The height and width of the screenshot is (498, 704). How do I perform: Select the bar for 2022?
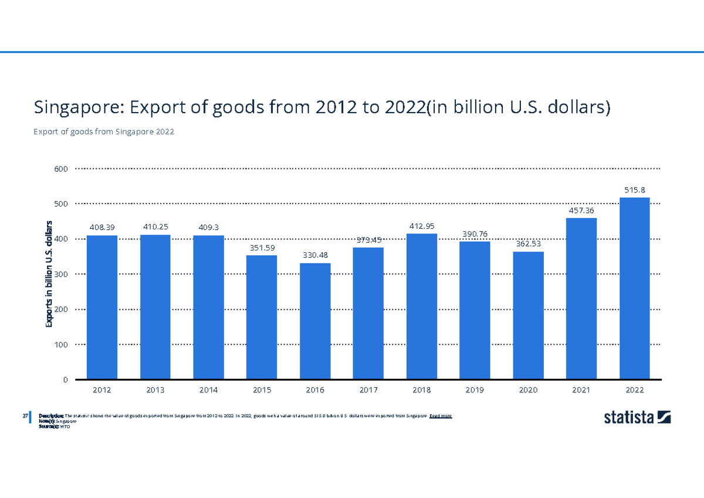click(634, 288)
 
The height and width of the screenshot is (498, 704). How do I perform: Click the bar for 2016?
click(315, 321)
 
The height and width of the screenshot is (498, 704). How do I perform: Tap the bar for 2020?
click(528, 315)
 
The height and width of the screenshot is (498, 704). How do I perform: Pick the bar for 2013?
click(155, 307)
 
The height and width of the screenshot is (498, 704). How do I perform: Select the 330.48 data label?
click(315, 255)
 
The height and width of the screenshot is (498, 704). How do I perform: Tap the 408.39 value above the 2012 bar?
click(102, 227)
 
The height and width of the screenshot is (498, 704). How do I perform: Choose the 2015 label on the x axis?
click(262, 389)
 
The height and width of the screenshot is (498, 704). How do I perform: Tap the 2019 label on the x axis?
click(475, 389)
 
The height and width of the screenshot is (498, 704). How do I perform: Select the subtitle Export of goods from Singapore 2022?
click(104, 132)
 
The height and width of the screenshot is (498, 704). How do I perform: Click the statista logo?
click(637, 418)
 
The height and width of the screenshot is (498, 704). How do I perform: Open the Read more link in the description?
click(441, 416)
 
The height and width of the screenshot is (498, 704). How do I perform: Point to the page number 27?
click(25, 416)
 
